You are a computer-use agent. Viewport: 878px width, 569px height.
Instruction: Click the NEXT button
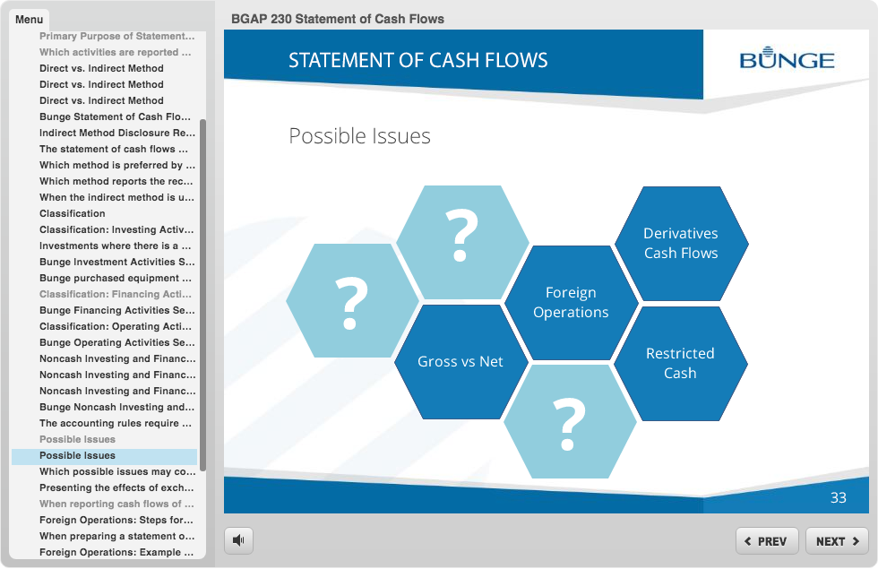[837, 541]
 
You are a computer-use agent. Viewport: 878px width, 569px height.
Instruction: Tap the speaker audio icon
[238, 540]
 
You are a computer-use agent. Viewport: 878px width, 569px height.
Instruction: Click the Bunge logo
[787, 58]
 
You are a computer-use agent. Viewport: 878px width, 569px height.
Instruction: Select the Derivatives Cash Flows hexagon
[681, 244]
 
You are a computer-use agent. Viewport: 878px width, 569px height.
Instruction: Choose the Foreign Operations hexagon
[572, 303]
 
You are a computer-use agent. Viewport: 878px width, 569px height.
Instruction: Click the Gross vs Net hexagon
[461, 362]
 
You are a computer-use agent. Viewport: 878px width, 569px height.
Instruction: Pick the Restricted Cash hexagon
[680, 364]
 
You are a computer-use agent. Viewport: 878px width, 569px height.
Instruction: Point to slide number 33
[839, 498]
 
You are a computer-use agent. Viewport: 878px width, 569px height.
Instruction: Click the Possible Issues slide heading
[359, 136]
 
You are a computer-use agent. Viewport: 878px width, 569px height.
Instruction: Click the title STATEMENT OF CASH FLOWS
[417, 60]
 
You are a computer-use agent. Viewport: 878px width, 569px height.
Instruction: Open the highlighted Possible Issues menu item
[77, 456]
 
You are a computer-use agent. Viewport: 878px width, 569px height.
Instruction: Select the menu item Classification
[73, 213]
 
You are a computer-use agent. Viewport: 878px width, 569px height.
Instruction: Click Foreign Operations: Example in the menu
[116, 552]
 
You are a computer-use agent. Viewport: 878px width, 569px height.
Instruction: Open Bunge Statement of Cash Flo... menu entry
[115, 116]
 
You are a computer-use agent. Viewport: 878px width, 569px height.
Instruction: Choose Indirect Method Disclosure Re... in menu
[117, 133]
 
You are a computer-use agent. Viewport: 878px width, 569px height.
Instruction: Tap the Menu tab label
[29, 20]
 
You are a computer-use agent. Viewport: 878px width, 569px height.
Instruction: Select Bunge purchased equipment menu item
[116, 278]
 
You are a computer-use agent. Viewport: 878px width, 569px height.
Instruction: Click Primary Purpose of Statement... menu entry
[117, 36]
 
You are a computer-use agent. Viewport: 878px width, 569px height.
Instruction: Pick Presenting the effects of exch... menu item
[116, 487]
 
